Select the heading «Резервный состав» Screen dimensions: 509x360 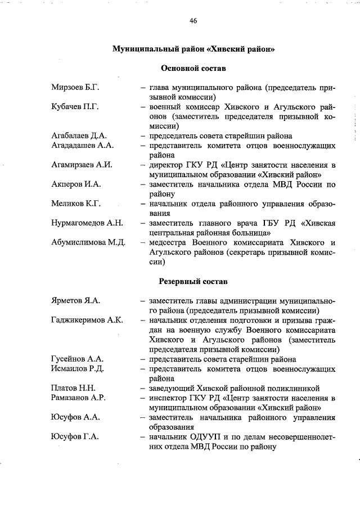click(193, 281)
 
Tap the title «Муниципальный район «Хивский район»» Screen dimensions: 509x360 click(193, 49)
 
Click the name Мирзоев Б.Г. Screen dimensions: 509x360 click(75, 88)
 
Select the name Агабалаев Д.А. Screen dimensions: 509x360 click(79, 136)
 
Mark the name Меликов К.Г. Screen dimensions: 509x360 click(75, 204)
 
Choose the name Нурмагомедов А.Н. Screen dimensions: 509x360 click(87, 223)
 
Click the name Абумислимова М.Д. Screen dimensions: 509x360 click(88, 242)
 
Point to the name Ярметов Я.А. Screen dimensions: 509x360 click(75, 301)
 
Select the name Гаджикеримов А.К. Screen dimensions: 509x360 click(87, 321)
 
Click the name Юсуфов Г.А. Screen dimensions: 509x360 click(75, 437)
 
